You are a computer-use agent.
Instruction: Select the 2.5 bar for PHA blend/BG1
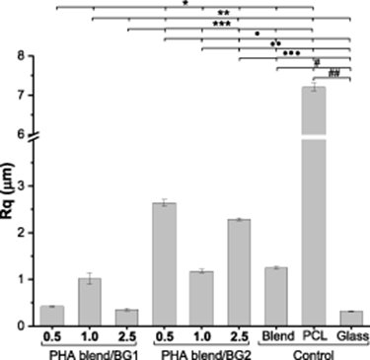click(126, 317)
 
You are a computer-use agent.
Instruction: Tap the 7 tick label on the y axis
click(32, 96)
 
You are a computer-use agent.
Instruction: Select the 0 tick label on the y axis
click(32, 324)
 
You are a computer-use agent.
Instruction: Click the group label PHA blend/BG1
click(90, 351)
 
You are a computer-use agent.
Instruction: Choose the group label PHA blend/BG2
click(201, 351)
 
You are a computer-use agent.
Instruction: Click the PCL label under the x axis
click(313, 335)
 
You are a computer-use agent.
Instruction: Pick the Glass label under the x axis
click(350, 335)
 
